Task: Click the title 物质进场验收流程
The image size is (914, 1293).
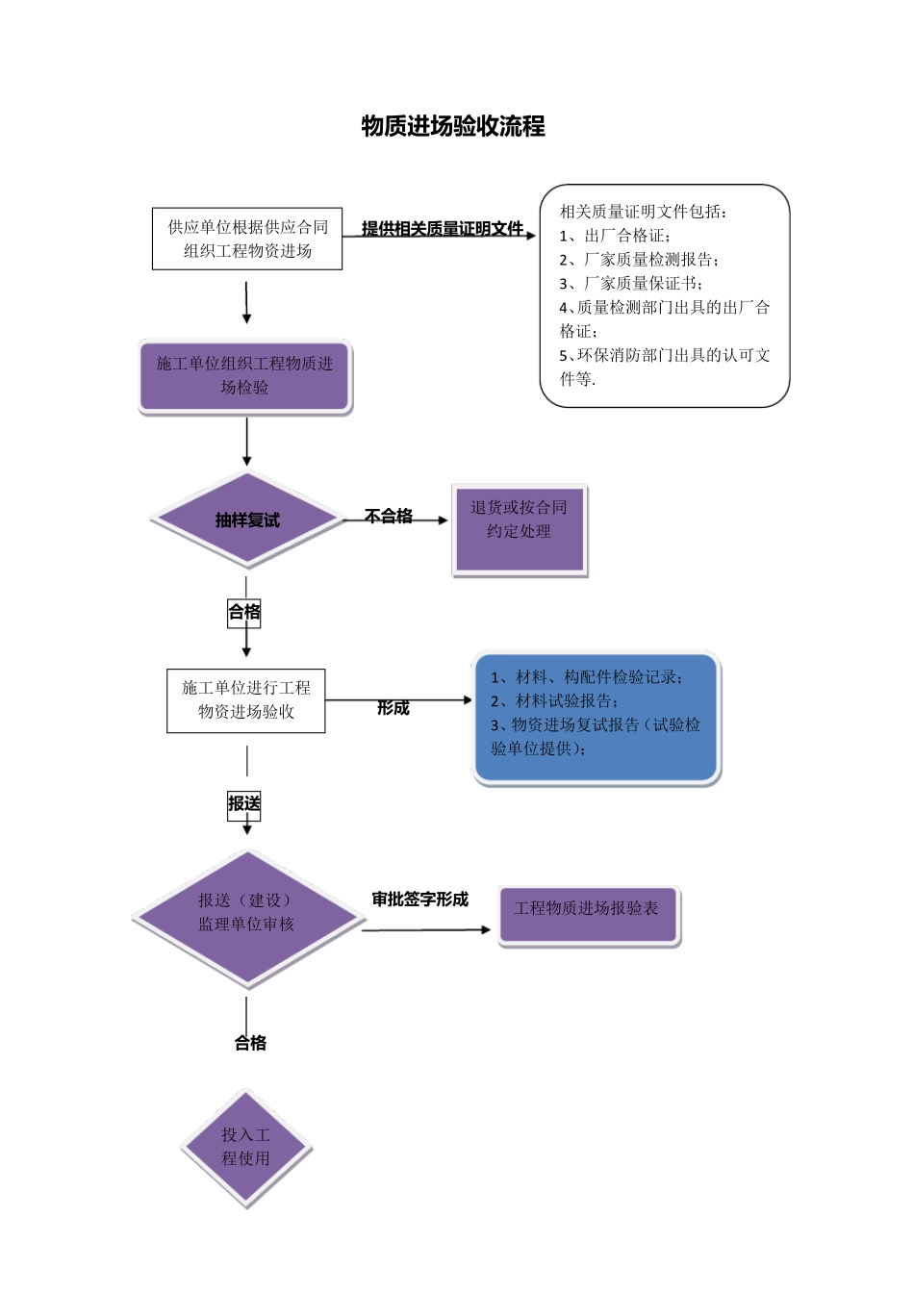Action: pos(453,126)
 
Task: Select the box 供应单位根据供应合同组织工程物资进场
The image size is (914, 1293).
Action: pos(247,239)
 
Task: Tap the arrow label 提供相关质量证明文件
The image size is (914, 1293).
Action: pos(442,228)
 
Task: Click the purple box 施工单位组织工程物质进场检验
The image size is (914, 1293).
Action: pos(245,376)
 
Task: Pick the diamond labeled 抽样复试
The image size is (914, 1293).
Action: pos(247,520)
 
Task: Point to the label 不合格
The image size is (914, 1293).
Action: pos(389,517)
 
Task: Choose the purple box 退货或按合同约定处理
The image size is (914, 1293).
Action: pos(519,530)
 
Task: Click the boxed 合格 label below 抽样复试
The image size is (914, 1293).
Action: pos(244,612)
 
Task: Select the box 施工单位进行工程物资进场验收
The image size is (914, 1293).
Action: pos(246,700)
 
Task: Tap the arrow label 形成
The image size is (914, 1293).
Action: pos(393,708)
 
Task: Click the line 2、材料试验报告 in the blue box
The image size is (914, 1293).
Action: pos(555,701)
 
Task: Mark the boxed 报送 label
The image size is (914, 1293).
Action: pos(244,804)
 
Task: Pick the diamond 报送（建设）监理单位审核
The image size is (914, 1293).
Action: pos(247,919)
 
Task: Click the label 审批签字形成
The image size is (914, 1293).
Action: pos(419,900)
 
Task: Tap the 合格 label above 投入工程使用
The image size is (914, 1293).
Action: pos(250,1043)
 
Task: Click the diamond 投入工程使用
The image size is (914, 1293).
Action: pos(246,1148)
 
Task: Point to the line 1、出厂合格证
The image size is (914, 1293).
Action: pos(616,236)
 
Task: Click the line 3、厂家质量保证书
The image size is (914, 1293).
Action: pos(631,284)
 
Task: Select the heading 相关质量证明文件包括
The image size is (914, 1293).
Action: pos(644,212)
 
